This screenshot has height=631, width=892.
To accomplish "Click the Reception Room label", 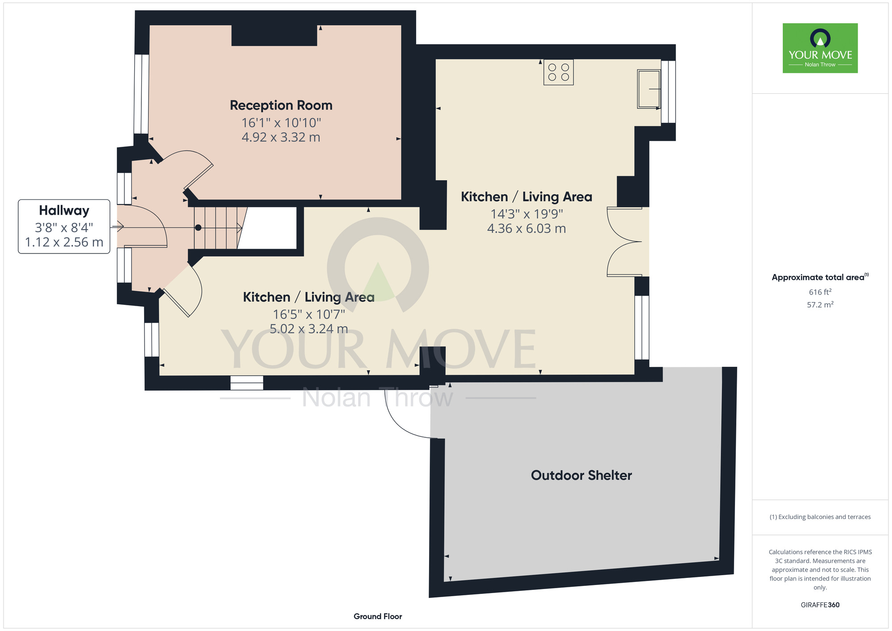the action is point(281,105).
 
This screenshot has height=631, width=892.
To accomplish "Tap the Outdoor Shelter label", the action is point(581,475).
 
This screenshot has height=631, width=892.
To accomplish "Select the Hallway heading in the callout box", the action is point(64,211).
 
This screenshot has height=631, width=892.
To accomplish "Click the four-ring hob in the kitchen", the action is point(558,72).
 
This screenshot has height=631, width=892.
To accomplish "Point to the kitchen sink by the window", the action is point(649,89).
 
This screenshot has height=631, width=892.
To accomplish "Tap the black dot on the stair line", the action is point(198,228).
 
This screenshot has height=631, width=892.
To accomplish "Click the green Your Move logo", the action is point(820,48).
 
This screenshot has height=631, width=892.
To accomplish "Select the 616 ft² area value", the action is point(820,292).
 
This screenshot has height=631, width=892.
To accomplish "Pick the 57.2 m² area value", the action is point(820,305).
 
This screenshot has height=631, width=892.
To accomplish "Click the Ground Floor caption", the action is point(378,616).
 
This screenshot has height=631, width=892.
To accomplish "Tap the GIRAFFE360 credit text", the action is point(820,605).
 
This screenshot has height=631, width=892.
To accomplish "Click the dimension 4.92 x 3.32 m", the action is point(281,137).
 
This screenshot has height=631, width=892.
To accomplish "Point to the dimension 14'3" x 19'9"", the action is point(527,214).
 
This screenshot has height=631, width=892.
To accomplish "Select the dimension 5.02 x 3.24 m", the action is point(309,329).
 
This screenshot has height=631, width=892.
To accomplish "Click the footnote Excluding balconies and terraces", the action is point(820,517).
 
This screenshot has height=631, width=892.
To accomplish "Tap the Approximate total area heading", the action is point(820,277).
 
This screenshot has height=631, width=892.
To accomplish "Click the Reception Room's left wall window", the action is point(141,94).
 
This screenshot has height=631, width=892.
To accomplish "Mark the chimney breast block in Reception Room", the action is point(274,35).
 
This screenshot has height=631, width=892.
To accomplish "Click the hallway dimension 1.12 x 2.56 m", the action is point(64,242).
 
